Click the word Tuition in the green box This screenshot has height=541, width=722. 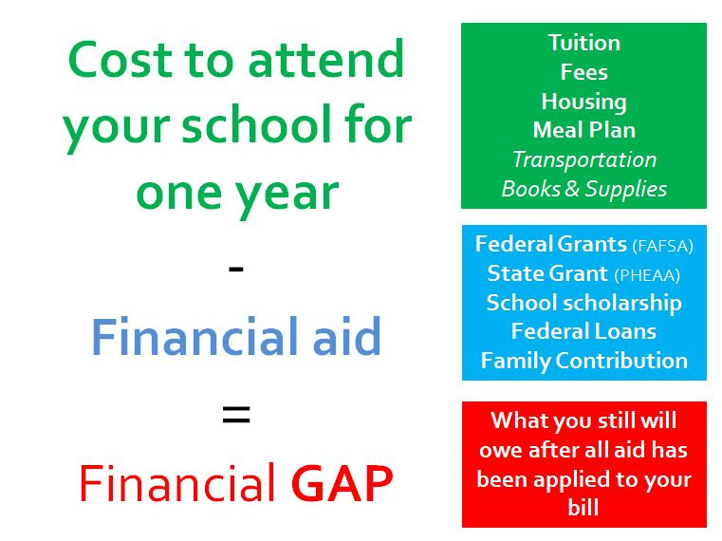coord(583,43)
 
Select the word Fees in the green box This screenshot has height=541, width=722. coord(583,72)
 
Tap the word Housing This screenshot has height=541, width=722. coord(583,102)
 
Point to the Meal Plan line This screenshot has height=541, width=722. coord(583,130)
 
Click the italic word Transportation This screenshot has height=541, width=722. coord(584,159)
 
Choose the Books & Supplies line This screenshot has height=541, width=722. coord(583,190)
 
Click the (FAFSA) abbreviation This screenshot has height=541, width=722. coord(662,246)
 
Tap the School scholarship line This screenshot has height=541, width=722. coord(583,303)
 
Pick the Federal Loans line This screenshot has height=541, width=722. coord(583,331)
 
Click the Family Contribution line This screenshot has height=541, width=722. coord(583,361)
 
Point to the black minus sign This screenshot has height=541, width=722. coord(236,269)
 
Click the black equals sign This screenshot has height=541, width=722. coord(236,414)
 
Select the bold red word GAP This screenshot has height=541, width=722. coord(342,483)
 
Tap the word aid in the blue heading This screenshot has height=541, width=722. coord(346,335)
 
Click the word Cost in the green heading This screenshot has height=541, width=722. coord(121,59)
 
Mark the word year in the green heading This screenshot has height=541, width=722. coord(287,194)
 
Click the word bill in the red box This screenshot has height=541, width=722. coord(583,508)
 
